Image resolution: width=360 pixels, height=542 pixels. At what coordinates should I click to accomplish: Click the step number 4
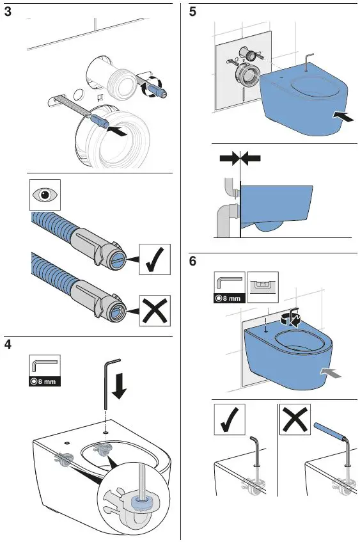pyautogui.click(x=8, y=344)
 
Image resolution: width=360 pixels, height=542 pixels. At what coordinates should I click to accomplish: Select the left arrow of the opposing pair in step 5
pyautogui.click(x=228, y=157)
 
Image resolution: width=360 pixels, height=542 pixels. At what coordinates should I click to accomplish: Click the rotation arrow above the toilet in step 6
pyautogui.click(x=293, y=317)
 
